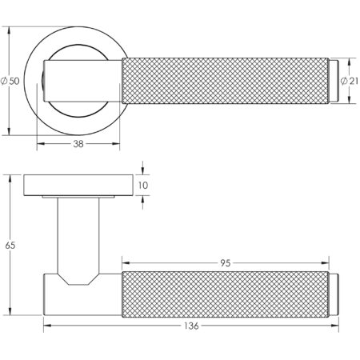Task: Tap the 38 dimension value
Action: (x=78, y=146)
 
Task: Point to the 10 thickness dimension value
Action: (x=144, y=186)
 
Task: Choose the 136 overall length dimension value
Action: (x=189, y=327)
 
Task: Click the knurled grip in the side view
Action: (x=224, y=294)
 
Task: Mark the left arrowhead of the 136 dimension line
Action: (x=46, y=326)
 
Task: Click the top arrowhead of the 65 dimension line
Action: (x=10, y=177)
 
